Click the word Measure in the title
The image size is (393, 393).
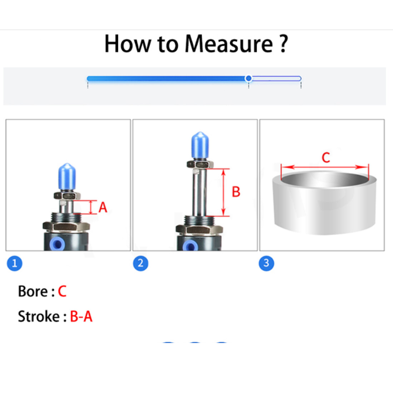pos(229,44)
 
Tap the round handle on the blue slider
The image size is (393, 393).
pos(249,79)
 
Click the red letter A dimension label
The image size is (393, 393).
pos(103,208)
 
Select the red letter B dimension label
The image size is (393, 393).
pos(236,192)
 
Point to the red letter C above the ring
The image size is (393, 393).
pos(326,158)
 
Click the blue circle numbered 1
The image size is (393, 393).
pos(15,263)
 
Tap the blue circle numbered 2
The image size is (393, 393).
pos(141,263)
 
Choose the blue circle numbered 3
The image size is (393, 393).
pos(267,263)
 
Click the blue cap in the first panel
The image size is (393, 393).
pos(67,177)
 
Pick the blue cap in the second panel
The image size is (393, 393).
pos(200,146)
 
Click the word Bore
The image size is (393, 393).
pos(33,291)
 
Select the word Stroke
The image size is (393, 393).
pos(39,316)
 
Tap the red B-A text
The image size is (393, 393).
pos(81,316)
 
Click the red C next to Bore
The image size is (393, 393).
pos(62,291)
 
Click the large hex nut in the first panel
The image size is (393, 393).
pos(66,227)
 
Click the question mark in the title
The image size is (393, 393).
pos(283,43)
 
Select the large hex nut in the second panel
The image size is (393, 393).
pos(199,230)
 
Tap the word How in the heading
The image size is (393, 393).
pos(128,44)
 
